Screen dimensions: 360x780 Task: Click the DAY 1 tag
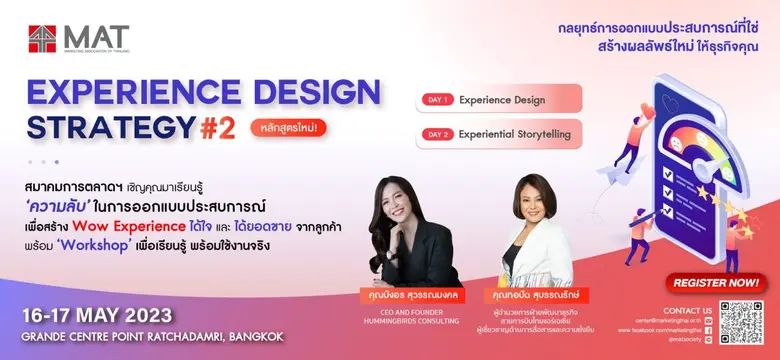(x=439, y=99)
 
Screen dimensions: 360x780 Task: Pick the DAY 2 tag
(x=439, y=134)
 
